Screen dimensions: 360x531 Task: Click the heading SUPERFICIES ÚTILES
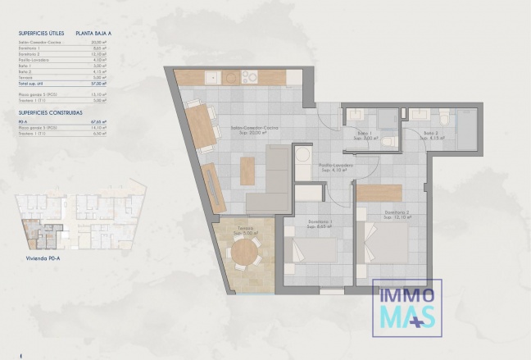[x=40, y=33]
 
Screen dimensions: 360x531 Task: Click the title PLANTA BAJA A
[x=94, y=33]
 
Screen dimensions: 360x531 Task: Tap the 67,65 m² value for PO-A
[x=98, y=120]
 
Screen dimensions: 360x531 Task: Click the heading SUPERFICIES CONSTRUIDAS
[x=49, y=111]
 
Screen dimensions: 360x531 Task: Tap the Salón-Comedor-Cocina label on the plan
[x=250, y=130]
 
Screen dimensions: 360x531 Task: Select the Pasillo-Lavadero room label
[x=336, y=166]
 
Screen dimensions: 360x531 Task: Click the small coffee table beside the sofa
[x=247, y=170]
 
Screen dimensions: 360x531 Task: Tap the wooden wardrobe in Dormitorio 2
[x=379, y=193]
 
